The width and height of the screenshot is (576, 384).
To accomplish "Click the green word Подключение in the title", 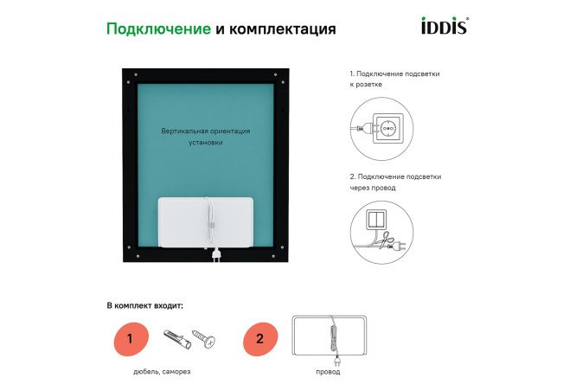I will point(158,29).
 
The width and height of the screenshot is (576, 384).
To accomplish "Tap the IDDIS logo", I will point(445,26).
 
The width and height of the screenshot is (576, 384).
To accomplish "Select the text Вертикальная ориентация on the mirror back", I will point(206,131).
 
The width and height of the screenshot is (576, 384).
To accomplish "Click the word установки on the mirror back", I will point(206,143).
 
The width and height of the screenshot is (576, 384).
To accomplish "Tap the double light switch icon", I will point(377,217).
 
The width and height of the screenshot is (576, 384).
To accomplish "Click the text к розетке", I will point(366,86).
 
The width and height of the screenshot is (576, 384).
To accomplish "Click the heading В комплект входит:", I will point(145,305).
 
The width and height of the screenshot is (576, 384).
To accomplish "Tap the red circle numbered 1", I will point(130,338).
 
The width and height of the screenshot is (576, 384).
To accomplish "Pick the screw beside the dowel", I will point(204,339).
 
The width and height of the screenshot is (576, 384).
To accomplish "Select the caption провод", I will point(328,372).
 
